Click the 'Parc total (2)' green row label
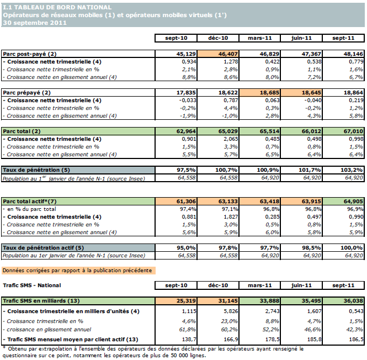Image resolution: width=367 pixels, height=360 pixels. (x=23, y=131)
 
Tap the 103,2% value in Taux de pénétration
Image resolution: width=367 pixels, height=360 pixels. (x=344, y=170)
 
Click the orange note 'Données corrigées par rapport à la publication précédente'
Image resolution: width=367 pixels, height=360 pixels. (x=78, y=271)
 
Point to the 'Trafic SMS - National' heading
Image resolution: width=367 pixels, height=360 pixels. (x=31, y=285)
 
